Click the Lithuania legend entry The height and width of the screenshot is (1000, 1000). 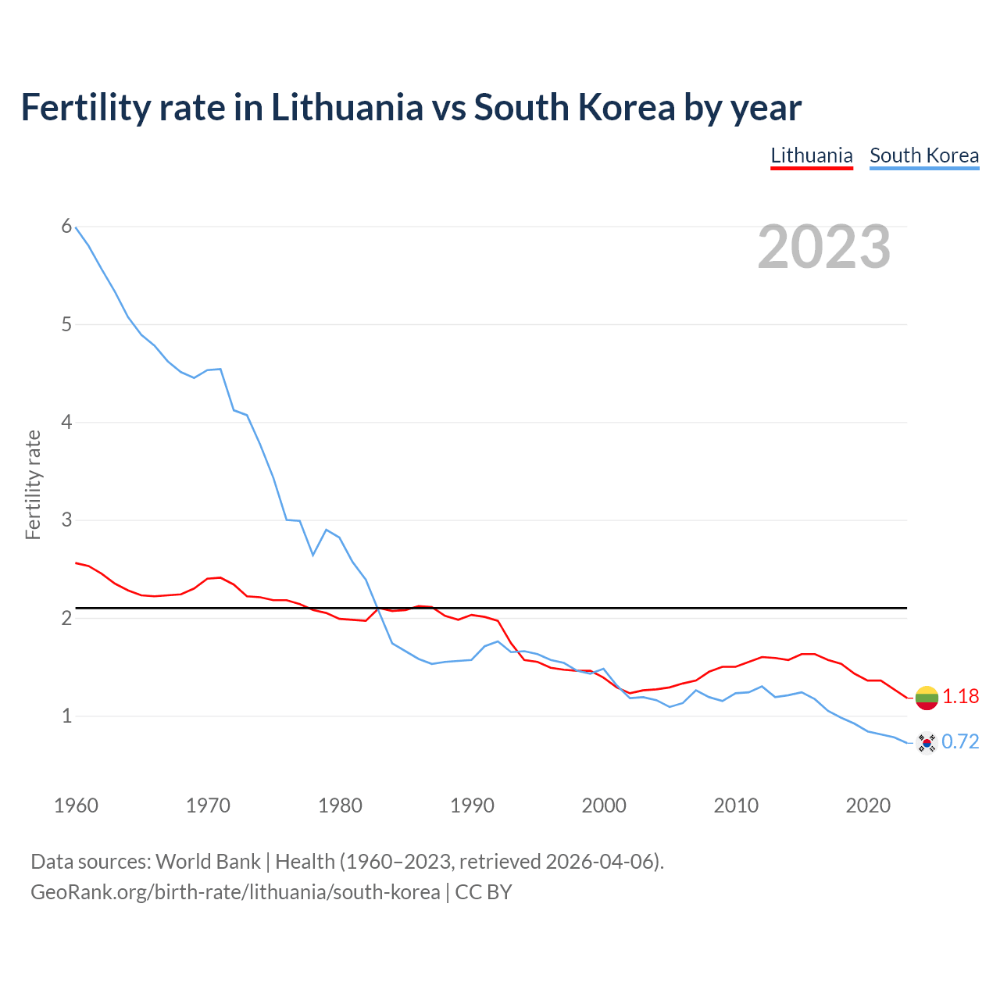(811, 155)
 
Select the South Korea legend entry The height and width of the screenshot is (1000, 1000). (924, 155)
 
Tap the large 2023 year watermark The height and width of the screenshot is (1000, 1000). (824, 247)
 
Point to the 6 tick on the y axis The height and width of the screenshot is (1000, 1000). (66, 227)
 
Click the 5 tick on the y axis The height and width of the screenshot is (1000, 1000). (66, 324)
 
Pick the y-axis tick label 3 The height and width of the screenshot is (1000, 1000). (66, 520)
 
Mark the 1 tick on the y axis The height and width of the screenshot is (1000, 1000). (66, 716)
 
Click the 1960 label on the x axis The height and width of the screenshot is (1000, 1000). (76, 805)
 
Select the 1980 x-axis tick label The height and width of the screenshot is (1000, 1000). (340, 805)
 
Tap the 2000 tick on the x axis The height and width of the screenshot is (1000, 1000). (604, 805)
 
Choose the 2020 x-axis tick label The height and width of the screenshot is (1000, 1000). (868, 805)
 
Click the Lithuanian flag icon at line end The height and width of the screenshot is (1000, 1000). (927, 698)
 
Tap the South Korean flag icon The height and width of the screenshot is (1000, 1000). (927, 742)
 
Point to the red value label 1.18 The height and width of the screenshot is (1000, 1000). (960, 696)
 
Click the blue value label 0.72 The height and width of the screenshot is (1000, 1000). (960, 741)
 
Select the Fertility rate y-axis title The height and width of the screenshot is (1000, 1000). (33, 484)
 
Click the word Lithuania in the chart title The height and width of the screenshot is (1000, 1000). (347, 107)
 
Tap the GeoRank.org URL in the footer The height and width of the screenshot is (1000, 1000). (235, 892)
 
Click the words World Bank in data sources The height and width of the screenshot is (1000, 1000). (208, 862)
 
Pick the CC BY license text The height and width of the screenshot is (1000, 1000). (484, 892)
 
